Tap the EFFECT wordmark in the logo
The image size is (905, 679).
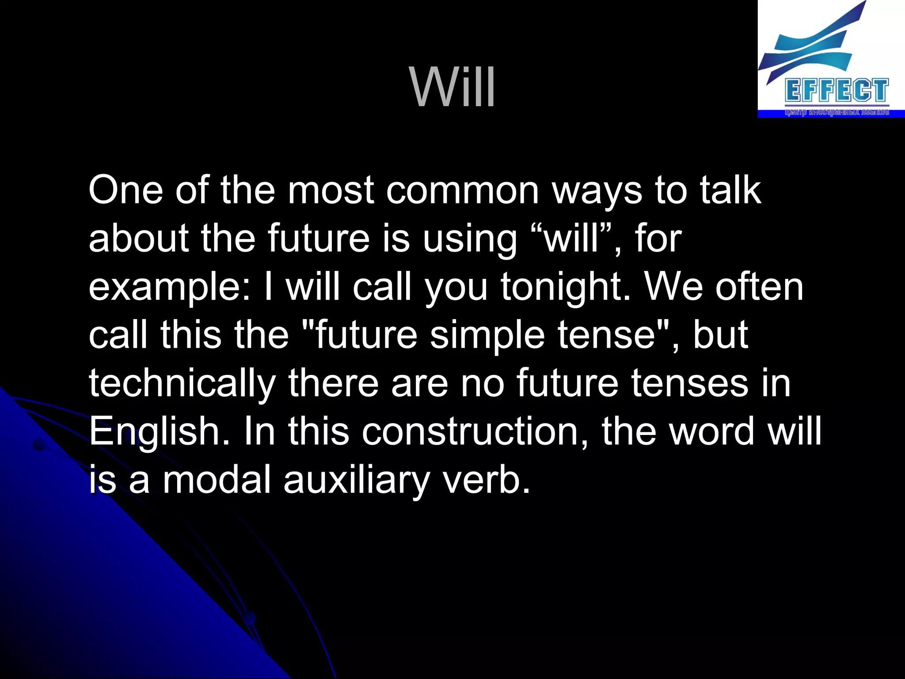(837, 91)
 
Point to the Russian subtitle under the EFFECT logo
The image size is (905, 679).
(837, 112)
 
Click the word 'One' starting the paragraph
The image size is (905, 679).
(125, 191)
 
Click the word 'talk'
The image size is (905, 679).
(730, 191)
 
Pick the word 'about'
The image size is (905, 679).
(139, 239)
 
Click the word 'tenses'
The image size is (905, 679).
(689, 384)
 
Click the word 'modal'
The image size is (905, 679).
(217, 481)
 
